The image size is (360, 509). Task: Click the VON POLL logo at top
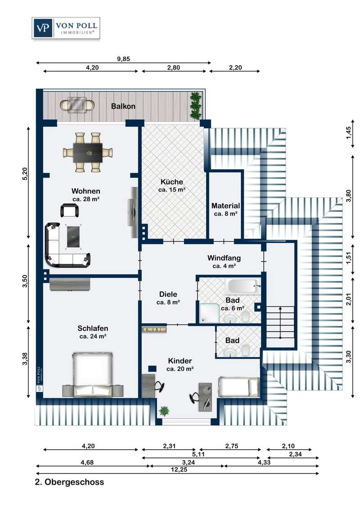[65, 28]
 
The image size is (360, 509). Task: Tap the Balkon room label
[123, 106]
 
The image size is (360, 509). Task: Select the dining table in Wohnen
[88, 152]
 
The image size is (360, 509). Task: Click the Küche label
[172, 182]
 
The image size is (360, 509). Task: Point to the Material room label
[225, 206]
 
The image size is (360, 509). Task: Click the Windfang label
[224, 258]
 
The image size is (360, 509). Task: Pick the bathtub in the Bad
[242, 286]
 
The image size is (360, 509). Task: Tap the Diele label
[168, 295]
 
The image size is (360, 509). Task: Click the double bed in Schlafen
[93, 375]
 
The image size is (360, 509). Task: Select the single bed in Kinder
[238, 386]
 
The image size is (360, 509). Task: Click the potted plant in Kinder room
[164, 411]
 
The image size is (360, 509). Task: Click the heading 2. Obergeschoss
[69, 482]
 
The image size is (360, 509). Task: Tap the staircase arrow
[280, 321]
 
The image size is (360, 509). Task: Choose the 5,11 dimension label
[198, 454]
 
